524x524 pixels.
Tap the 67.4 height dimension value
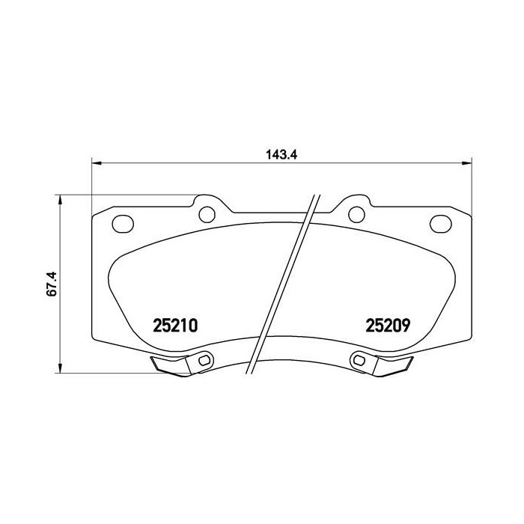coord(52,284)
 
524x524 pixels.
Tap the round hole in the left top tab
coord(206,214)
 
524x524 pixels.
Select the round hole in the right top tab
coord(356,214)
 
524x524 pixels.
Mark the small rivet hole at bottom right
coord(360,361)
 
